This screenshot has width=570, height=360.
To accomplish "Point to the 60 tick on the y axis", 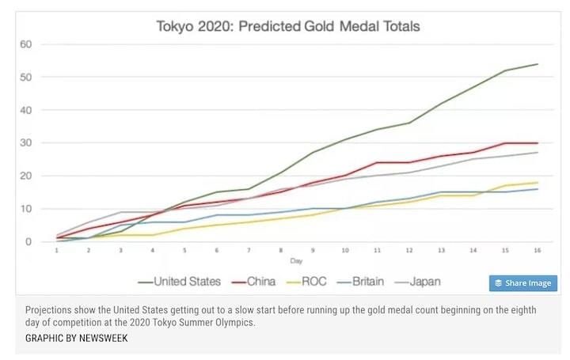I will [25, 44].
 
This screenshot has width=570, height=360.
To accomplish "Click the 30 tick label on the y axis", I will [25, 143].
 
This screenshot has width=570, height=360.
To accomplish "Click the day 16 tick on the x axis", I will [538, 251].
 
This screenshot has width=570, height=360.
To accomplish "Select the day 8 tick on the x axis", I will [281, 251].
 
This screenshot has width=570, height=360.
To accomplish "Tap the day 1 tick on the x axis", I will [56, 251].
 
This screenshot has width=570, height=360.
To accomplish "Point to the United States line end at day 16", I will [538, 64].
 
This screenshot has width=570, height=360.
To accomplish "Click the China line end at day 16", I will [538, 143].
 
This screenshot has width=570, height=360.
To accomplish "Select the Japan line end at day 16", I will [538, 153].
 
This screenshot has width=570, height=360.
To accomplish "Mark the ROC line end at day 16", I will [538, 183].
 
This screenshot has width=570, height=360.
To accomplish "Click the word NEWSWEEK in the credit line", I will [99, 338].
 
